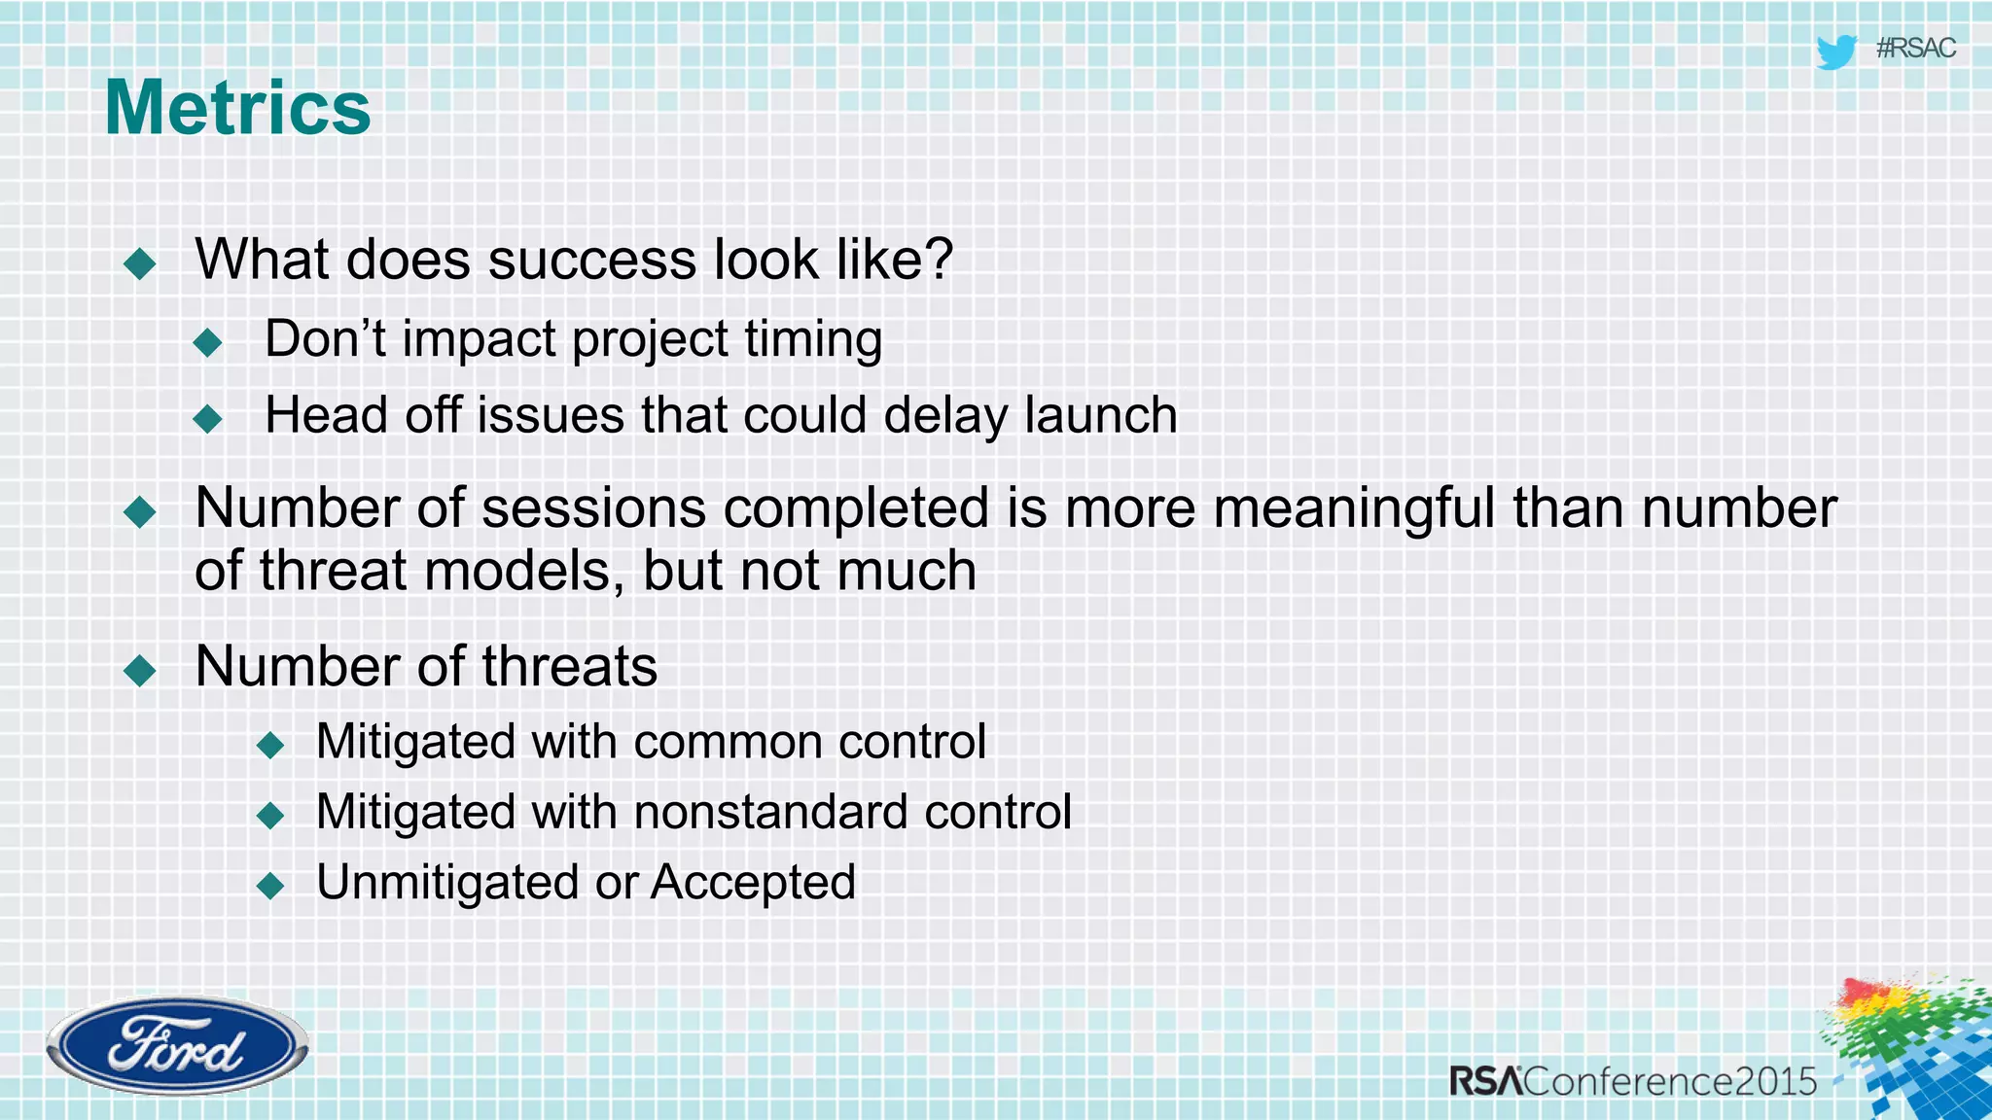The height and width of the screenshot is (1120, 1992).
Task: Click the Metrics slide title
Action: pos(237,108)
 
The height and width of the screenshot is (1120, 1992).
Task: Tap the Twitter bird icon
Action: pos(1836,52)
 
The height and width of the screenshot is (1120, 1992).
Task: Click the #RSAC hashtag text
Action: pos(1915,49)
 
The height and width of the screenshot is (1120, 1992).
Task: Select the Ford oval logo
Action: pos(177,1046)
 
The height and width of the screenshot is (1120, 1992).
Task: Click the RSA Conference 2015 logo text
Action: pos(1633,1081)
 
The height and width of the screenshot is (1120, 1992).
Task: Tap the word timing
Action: pos(813,340)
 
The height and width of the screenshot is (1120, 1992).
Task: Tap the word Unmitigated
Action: pos(447,883)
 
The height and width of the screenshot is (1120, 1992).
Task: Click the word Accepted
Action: pos(753,883)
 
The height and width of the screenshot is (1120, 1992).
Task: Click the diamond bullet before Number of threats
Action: pos(141,670)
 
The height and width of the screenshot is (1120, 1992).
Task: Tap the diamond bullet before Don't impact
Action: pos(208,342)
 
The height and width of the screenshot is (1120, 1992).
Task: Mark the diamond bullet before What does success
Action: pos(141,263)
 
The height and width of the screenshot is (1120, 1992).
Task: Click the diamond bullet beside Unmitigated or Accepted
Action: pos(270,886)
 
